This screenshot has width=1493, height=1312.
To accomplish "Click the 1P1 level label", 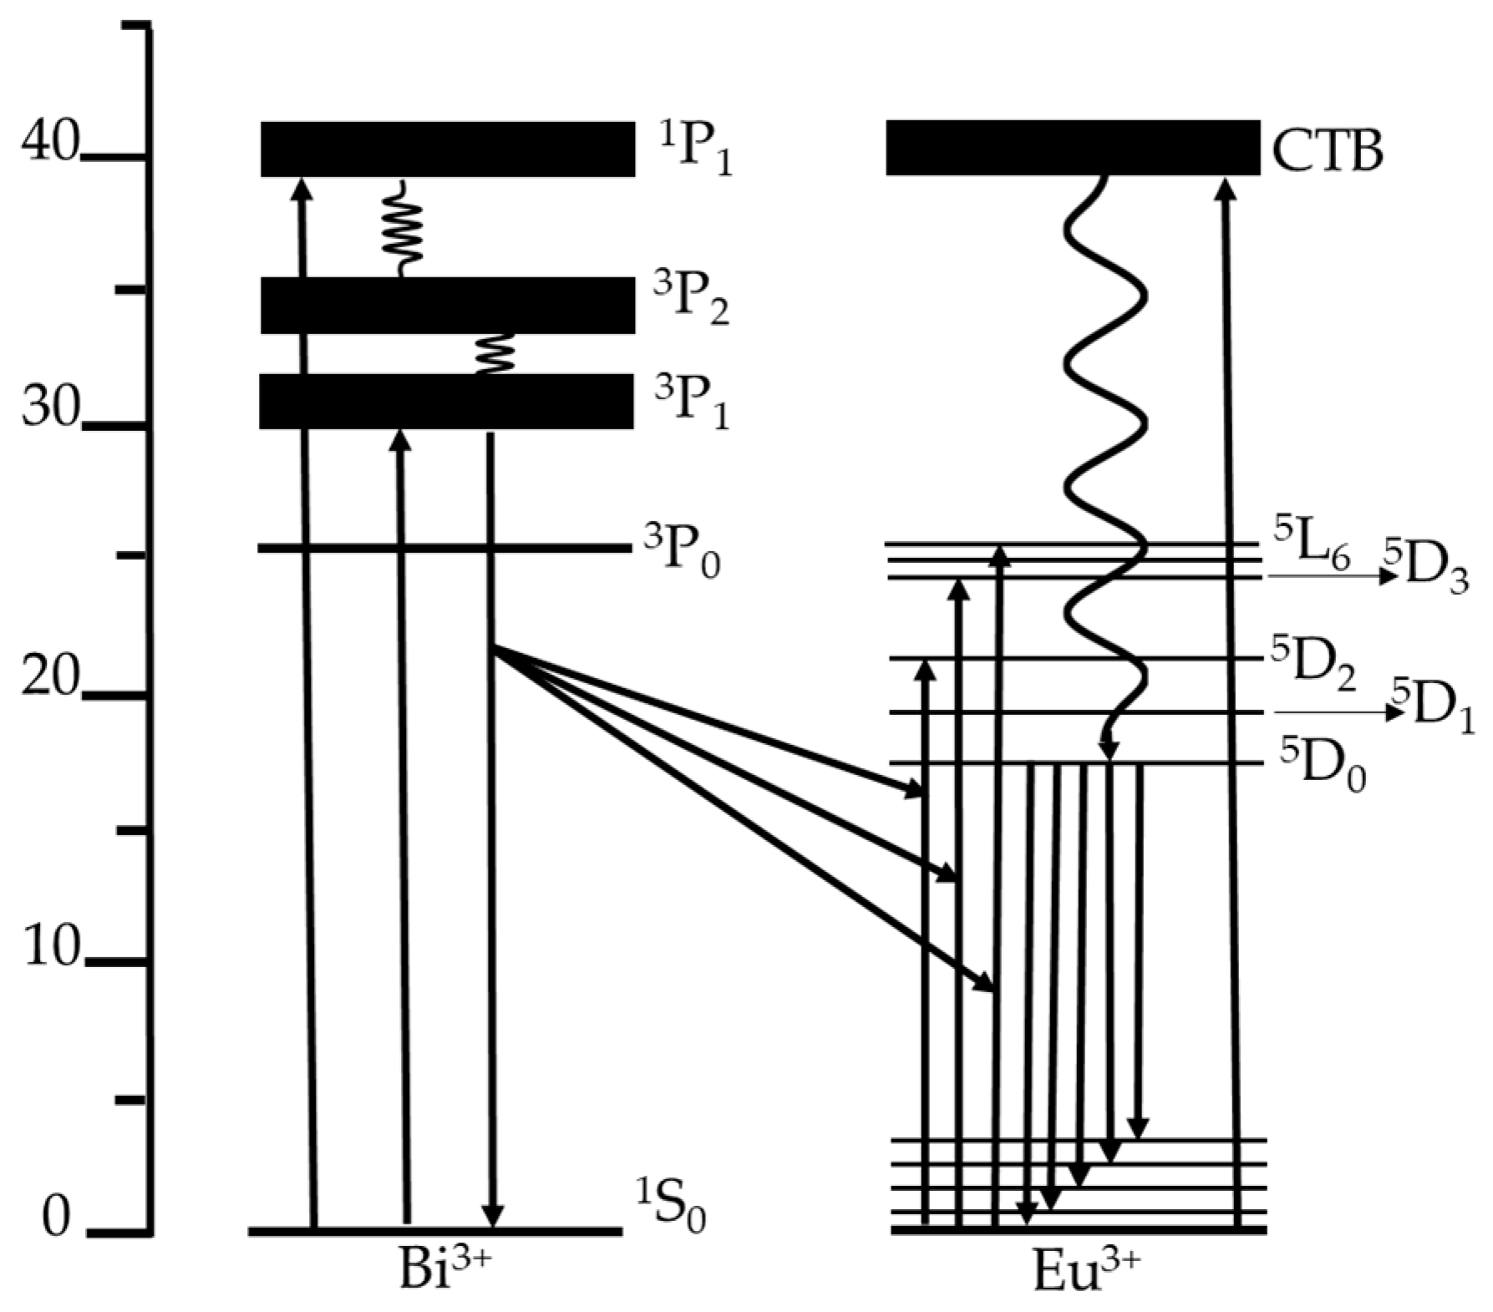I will (x=693, y=150).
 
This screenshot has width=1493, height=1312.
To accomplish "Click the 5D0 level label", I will (x=1323, y=764).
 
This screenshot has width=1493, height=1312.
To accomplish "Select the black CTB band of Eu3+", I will (x=1073, y=148).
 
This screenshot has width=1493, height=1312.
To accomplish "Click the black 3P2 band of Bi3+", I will (x=448, y=305).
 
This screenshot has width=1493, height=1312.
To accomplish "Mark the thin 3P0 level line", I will (x=443, y=548).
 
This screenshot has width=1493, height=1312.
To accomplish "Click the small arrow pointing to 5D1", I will (x=1337, y=712).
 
